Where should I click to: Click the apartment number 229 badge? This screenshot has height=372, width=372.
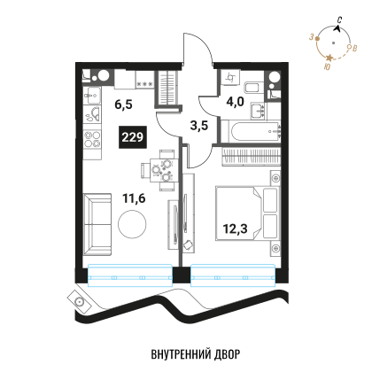point(133,137)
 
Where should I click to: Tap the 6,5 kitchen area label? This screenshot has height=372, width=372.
point(123,105)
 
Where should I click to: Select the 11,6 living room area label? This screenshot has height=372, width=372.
point(134,198)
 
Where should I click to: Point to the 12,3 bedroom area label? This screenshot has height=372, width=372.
point(236,229)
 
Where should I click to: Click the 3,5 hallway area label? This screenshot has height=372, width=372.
point(199,126)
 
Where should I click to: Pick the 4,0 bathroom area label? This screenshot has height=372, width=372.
point(236,102)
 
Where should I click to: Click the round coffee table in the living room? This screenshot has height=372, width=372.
point(132,224)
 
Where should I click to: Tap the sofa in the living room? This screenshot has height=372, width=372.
point(97,224)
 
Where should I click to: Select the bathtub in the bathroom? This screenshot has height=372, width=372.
point(255,131)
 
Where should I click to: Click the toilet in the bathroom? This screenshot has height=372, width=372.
point(252,88)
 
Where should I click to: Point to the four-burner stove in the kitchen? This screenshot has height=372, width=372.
point(92,139)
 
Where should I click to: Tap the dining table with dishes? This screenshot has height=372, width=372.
point(162,170)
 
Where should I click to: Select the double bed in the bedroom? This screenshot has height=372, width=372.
point(247,213)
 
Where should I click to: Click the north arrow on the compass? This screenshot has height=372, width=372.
point(337,28)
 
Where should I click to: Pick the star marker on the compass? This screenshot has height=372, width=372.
point(329,58)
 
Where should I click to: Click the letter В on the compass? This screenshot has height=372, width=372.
point(355,48)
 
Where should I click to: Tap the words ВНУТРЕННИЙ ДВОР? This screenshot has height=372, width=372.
point(196,354)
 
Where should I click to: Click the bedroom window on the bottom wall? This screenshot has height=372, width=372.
point(233,275)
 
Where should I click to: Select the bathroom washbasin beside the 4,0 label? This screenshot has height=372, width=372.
point(258,111)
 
